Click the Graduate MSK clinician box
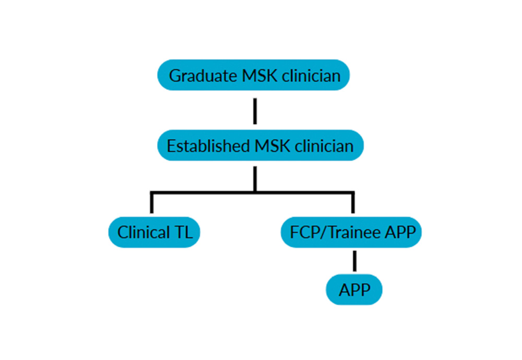tap(254, 75)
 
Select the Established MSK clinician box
tap(259, 146)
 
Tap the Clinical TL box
tap(155, 232)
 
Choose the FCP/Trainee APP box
tap(349, 232)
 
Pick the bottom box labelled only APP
tap(354, 290)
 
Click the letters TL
tap(183, 232)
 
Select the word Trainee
tap(357, 232)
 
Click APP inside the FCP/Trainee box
tap(400, 232)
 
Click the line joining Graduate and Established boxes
tap(255, 110)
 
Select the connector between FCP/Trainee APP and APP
tap(354, 261)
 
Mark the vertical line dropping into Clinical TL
tap(151, 203)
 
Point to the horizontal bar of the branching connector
tap(209, 193)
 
